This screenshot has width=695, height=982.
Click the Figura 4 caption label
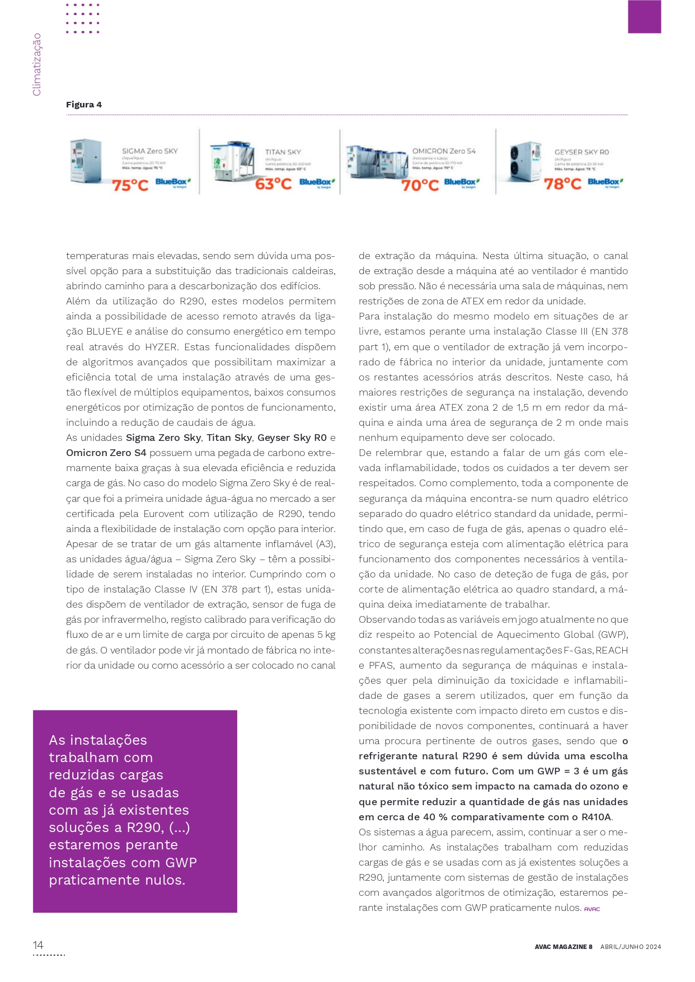click(84, 105)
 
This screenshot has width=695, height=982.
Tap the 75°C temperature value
click(130, 185)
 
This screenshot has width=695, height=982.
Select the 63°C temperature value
click(273, 184)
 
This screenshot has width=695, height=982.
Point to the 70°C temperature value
click(420, 185)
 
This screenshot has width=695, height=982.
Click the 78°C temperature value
click(562, 184)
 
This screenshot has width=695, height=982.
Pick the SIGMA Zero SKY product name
click(149, 151)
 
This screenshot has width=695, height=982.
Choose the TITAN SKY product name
click(283, 152)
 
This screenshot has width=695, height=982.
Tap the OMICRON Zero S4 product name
click(444, 151)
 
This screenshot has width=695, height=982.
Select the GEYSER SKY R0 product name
click(581, 152)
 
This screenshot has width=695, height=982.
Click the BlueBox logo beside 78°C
click(605, 182)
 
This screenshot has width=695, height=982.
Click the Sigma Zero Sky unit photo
click(86, 161)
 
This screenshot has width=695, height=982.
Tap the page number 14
click(38, 945)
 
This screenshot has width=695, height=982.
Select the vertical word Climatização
click(37, 64)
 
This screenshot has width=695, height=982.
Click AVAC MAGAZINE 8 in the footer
click(563, 947)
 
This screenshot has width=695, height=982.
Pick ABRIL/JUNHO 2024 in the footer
click(631, 947)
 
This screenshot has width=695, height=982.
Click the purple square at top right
click(644, 17)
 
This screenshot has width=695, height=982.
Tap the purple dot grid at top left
click(83, 18)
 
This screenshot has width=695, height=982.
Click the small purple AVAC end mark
click(591, 909)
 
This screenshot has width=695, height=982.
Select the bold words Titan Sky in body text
click(229, 438)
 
